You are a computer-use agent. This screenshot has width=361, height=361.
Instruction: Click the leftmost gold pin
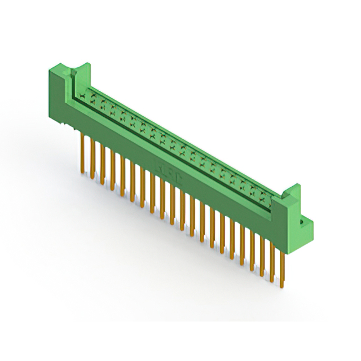point(83,152)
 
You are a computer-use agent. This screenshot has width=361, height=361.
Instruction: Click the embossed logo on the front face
point(168,170)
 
